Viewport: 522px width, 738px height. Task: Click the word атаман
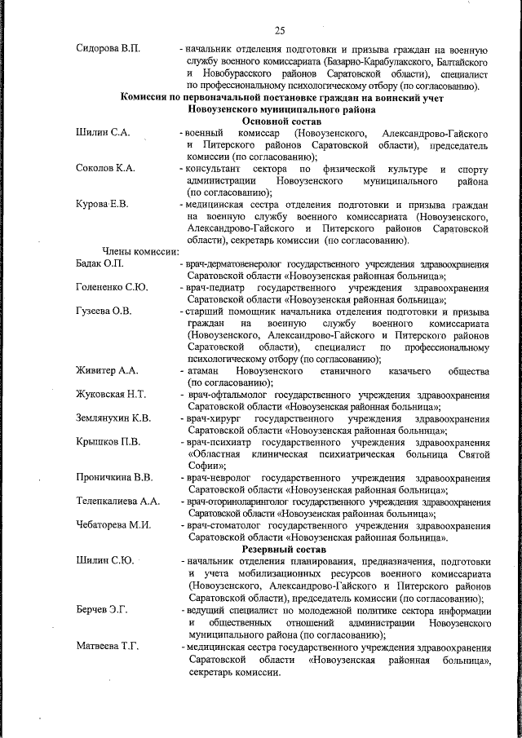click(x=202, y=371)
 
